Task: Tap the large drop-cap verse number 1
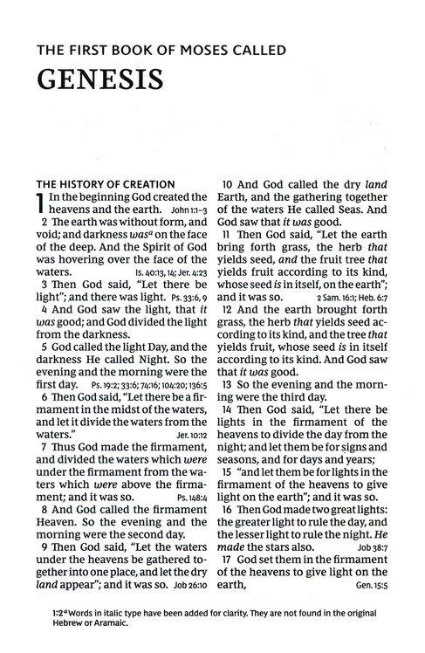click(x=39, y=207)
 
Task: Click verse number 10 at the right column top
click(x=230, y=185)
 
